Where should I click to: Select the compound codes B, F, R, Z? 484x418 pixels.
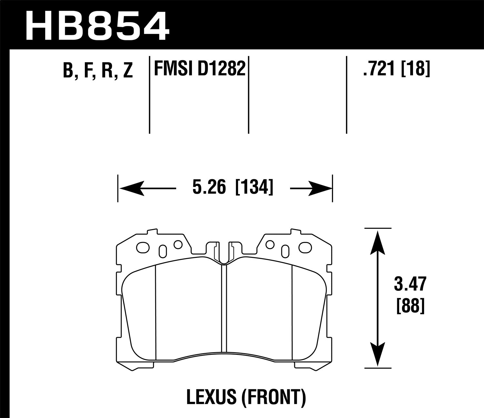98,70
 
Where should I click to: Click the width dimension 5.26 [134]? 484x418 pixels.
233,188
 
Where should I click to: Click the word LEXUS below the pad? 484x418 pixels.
212,398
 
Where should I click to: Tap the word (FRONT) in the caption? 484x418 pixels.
272,398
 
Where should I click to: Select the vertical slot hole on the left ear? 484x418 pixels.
163,250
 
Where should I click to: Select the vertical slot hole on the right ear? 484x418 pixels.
285,250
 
